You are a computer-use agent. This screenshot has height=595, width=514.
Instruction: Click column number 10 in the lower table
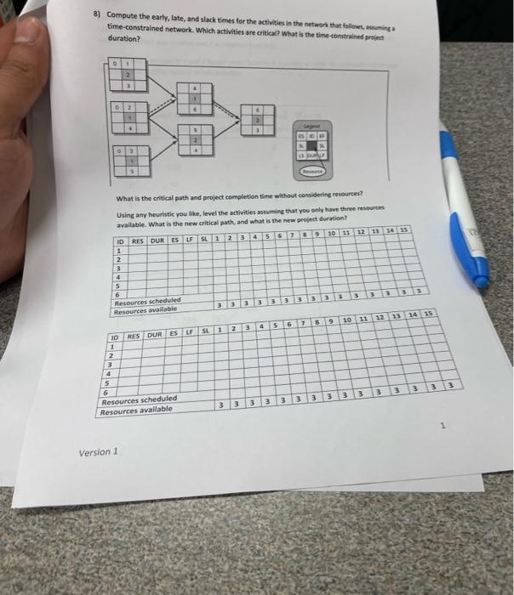(x=347, y=320)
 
